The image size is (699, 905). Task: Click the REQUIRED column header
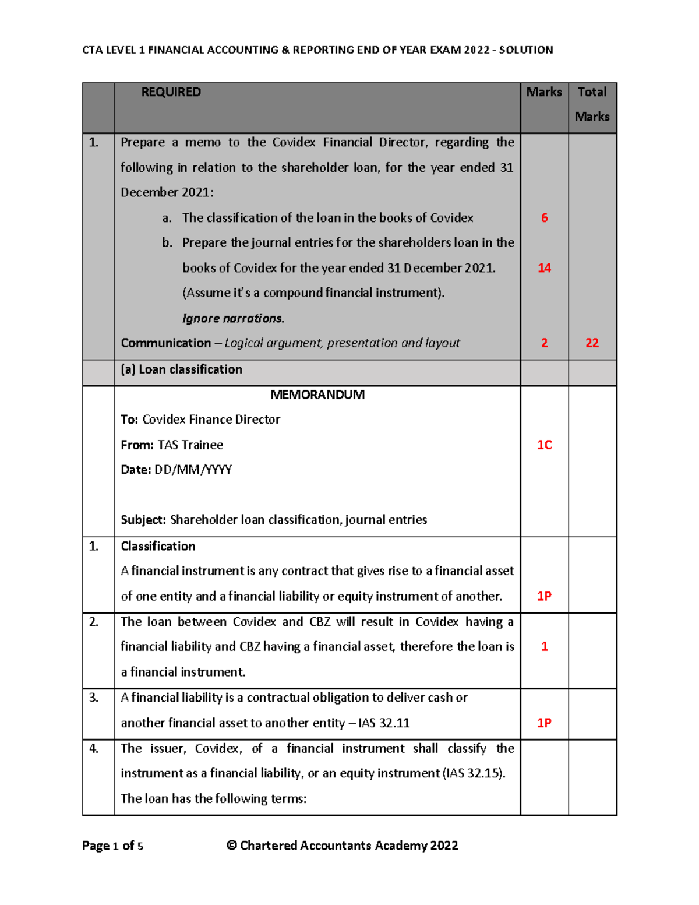(x=171, y=92)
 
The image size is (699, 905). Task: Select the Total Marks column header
(x=592, y=104)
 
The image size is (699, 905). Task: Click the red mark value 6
(x=544, y=218)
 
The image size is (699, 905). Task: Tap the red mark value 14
(x=544, y=268)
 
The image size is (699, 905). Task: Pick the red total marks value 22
(x=592, y=343)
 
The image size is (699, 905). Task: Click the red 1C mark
(x=544, y=445)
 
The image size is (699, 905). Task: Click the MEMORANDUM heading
(x=317, y=395)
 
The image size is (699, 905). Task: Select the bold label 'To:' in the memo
(x=129, y=420)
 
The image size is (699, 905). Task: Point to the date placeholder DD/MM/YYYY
(x=193, y=470)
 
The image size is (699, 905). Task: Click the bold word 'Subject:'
(x=143, y=520)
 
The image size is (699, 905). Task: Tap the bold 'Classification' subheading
(x=158, y=547)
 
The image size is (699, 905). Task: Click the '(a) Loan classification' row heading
(x=181, y=369)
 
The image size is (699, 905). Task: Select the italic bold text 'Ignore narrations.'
(x=233, y=319)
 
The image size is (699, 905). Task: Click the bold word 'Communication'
(x=165, y=343)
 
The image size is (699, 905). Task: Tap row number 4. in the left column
(x=94, y=749)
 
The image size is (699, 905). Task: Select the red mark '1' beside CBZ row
(x=544, y=647)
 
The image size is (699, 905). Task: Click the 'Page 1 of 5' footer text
(x=112, y=846)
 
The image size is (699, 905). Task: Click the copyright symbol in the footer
(x=232, y=846)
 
